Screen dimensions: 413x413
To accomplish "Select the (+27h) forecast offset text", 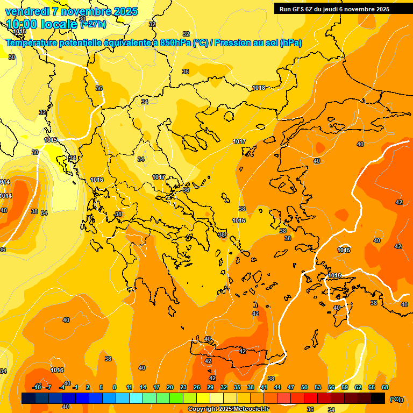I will tap(93, 24).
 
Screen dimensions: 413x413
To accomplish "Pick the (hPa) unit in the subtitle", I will tap(290, 43).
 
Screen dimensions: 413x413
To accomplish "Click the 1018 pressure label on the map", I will tap(259, 88).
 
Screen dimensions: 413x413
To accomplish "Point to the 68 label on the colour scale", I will tap(385, 387).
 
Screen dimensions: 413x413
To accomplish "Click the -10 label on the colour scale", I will tap(37, 387).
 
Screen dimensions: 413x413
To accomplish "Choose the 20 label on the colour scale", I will tap(170, 387).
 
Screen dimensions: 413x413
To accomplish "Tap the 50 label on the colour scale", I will tap(304, 387).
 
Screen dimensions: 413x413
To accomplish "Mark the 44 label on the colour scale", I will tap(277, 387).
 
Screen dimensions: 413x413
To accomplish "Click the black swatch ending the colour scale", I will tap(378, 398).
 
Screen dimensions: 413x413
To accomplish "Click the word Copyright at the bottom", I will tap(202, 409).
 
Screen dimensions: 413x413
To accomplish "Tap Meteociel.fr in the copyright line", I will tap(251, 409).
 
